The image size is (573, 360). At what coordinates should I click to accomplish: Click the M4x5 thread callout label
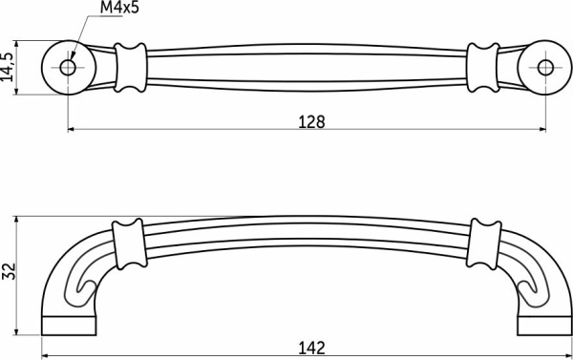(120, 8)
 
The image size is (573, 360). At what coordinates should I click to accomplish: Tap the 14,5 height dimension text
(7, 67)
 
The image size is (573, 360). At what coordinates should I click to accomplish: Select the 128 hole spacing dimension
(311, 121)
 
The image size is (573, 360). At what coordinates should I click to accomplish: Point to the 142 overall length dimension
(311, 349)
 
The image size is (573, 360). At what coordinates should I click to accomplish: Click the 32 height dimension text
(8, 271)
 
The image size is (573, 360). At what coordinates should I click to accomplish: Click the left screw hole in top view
(68, 68)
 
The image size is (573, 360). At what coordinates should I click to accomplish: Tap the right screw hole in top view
(545, 68)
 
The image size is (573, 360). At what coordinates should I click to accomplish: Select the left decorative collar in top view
(131, 68)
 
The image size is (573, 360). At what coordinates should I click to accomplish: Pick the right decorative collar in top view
(483, 68)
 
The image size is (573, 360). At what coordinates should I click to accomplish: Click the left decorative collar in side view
(130, 244)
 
